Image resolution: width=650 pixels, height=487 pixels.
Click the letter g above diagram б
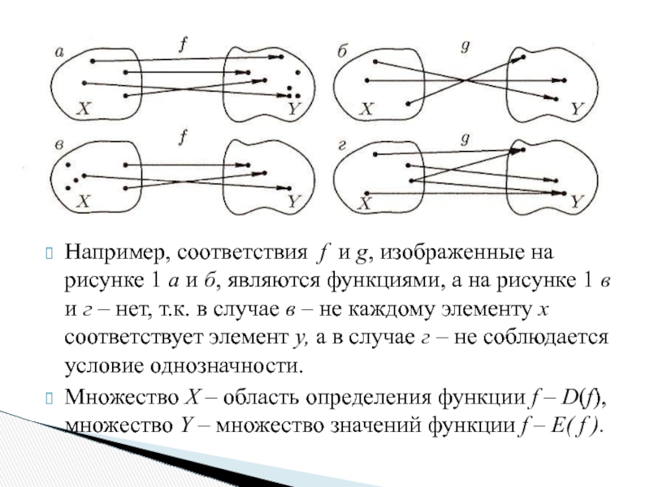point(464,46)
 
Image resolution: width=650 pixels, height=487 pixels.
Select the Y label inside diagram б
point(576,107)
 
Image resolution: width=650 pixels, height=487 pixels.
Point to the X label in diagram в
point(83,202)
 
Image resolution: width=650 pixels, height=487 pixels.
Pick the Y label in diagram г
point(576,201)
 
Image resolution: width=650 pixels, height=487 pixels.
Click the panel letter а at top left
point(58,51)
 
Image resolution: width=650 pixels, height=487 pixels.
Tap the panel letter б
point(342,51)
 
